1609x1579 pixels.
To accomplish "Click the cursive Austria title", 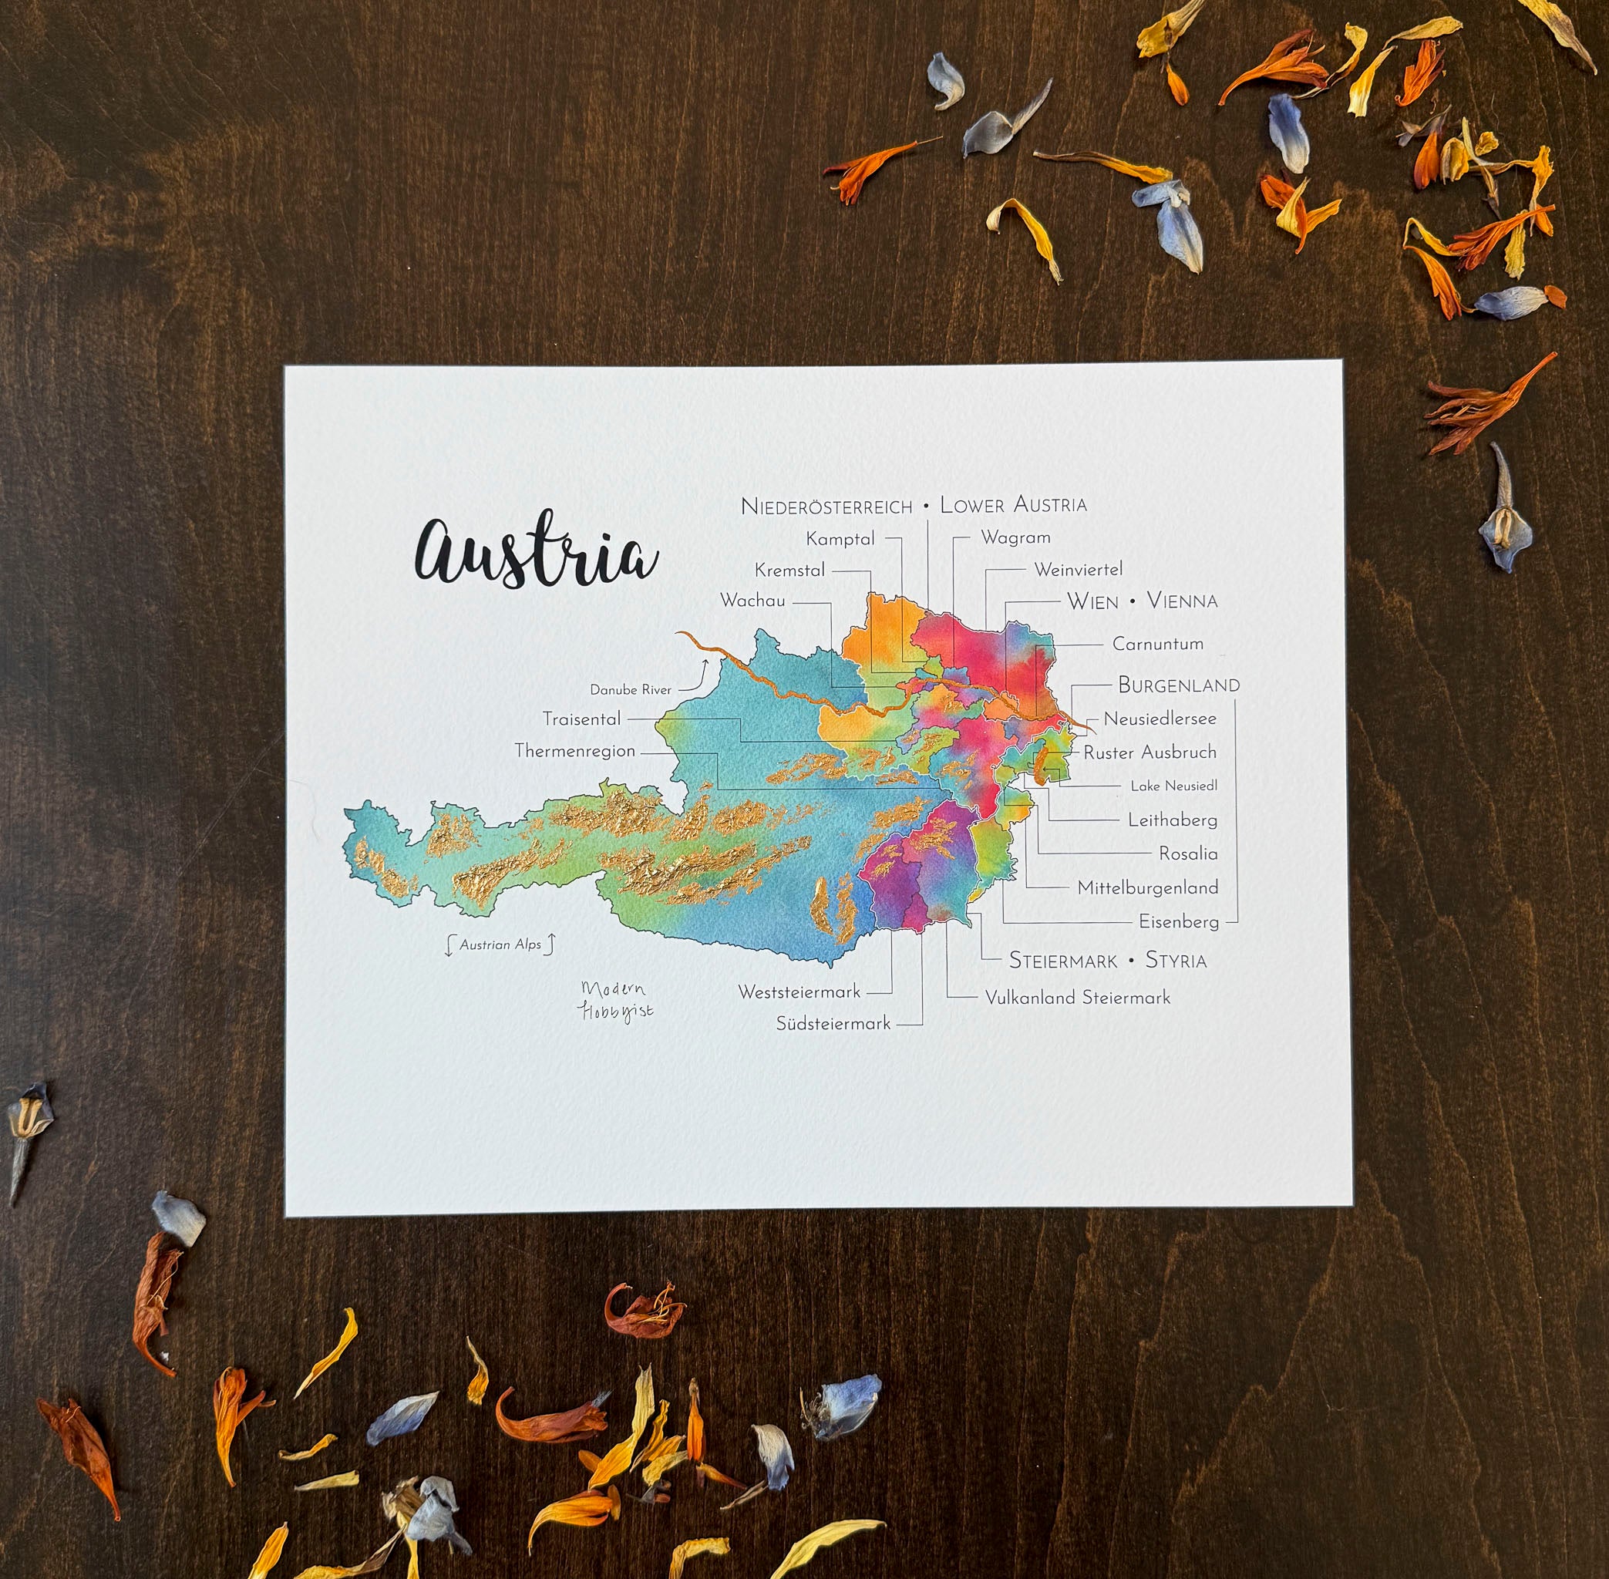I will point(536,553).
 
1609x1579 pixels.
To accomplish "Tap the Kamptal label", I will point(840,539).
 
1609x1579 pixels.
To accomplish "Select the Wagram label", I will point(1015,537).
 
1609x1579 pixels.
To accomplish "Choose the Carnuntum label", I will point(1157,644).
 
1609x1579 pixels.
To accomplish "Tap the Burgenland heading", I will point(1178,685).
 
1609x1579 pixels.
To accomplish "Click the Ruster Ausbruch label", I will point(1150,752).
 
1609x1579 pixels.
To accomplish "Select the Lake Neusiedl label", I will point(1173,786).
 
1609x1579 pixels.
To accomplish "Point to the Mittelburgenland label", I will point(1147,887).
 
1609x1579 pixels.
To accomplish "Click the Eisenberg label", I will point(1178,921).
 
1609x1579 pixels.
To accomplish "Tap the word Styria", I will point(1175,961).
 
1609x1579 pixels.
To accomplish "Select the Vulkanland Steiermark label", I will point(1076,998).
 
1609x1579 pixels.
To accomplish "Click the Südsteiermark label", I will point(833,1023).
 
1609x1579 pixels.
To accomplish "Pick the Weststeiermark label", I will point(799,992).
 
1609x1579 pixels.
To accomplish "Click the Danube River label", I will point(631,690).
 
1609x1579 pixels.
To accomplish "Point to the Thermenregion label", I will point(575,752).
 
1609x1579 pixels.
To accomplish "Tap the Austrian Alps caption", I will point(500,944).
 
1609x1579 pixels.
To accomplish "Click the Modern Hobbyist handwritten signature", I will point(615,1001).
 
